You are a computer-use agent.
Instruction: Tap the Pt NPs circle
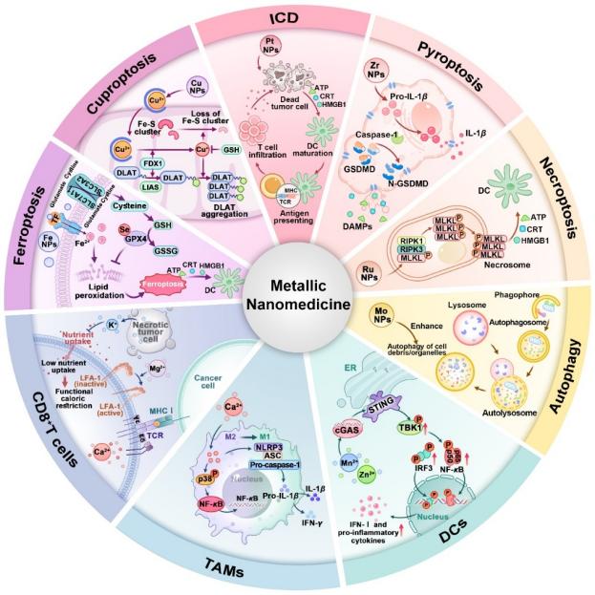(x=270, y=45)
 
